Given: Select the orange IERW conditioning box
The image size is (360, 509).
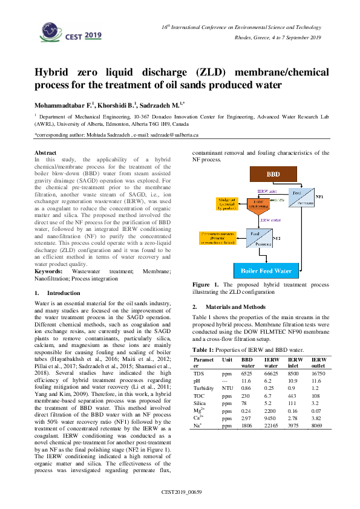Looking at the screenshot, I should (x=258, y=206).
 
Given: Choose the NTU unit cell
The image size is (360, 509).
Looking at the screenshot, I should (x=227, y=387).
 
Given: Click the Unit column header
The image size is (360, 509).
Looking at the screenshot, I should (x=227, y=360).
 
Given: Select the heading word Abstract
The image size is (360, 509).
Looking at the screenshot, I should (x=46, y=153).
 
